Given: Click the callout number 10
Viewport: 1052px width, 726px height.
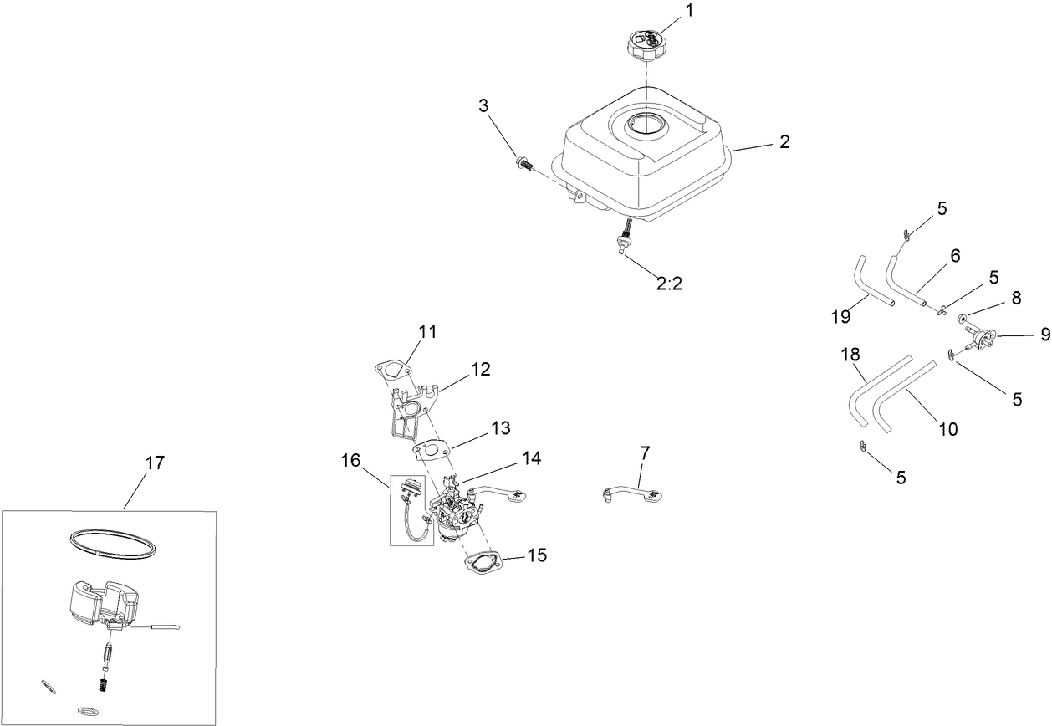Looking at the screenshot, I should [x=947, y=428].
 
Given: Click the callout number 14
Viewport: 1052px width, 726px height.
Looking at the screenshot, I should [x=530, y=458].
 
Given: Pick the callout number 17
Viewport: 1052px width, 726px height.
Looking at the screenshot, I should [x=155, y=462].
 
